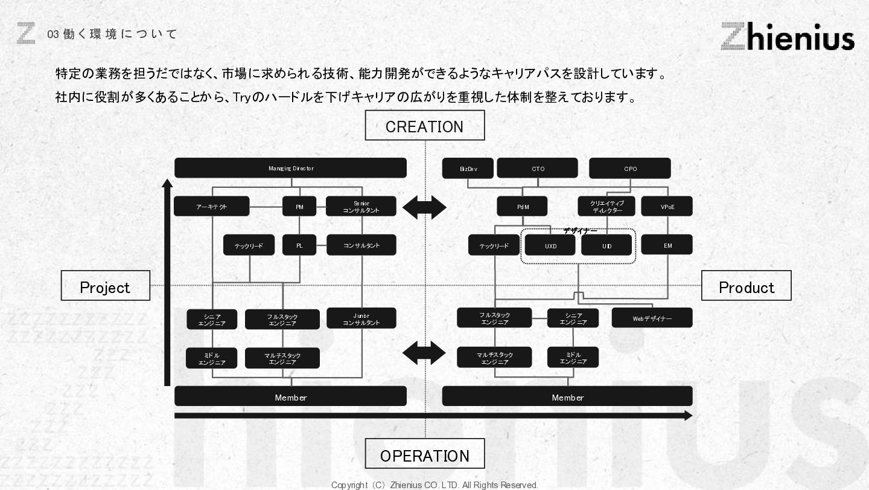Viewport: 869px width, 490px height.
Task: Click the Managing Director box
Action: tap(290, 168)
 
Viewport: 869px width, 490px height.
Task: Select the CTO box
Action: tap(537, 169)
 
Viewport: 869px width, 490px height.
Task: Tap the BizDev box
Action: tap(468, 169)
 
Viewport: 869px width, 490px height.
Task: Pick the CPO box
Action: tap(629, 169)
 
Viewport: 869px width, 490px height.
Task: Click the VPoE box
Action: tap(667, 207)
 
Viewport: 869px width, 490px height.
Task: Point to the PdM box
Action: tap(522, 207)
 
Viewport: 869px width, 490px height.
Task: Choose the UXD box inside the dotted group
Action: tap(550, 245)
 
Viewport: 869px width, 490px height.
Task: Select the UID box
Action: tap(606, 245)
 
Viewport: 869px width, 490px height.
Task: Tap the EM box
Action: tap(667, 245)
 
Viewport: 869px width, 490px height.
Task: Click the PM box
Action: tap(299, 207)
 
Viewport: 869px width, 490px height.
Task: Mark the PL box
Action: tap(299, 245)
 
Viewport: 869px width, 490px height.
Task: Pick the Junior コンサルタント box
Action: tap(361, 318)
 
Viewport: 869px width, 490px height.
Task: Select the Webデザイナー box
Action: tap(652, 318)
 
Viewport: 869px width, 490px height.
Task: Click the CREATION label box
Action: tap(424, 126)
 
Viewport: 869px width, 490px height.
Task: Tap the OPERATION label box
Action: tap(424, 454)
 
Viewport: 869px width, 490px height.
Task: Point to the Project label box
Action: tap(105, 286)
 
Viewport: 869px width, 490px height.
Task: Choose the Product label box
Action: tap(746, 286)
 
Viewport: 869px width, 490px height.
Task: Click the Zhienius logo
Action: tap(787, 36)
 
